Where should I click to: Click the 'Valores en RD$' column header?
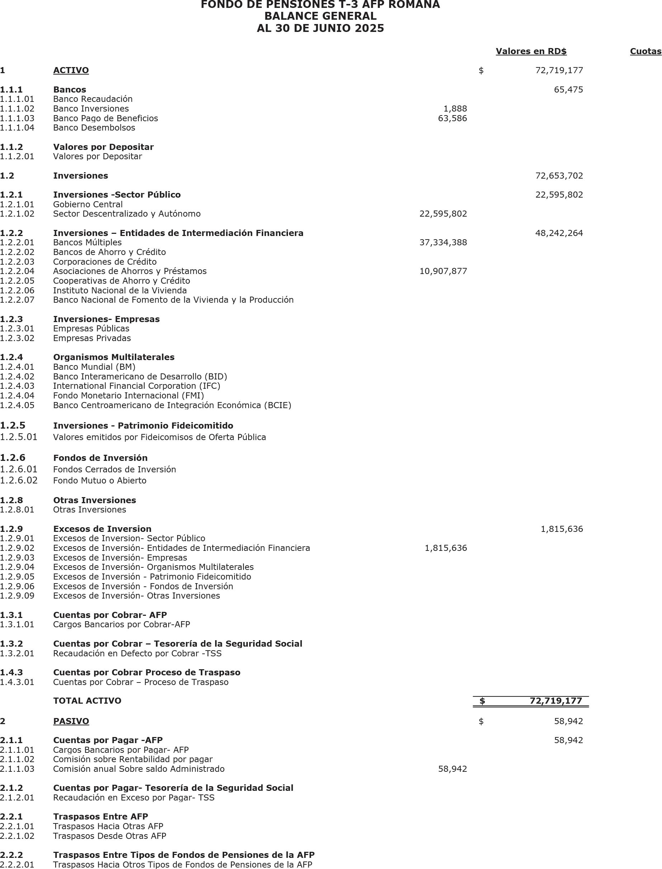(531, 51)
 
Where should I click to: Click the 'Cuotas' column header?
(646, 51)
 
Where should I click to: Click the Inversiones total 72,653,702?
(559, 175)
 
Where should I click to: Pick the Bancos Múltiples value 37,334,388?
(443, 242)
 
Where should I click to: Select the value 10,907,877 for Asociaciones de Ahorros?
(443, 271)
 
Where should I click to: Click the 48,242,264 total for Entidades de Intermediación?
(559, 233)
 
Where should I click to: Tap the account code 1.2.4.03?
(17, 386)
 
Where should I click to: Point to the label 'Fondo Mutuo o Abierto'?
(100, 481)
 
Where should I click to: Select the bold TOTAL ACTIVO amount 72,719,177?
(555, 701)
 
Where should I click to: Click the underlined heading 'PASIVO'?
(71, 721)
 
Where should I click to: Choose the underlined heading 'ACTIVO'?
(71, 70)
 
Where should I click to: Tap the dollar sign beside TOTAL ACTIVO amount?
(482, 701)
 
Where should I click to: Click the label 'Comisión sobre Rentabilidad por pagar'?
(133, 759)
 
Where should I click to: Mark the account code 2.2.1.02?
(17, 836)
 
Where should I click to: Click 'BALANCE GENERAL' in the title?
(320, 16)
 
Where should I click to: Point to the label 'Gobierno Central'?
(88, 204)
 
